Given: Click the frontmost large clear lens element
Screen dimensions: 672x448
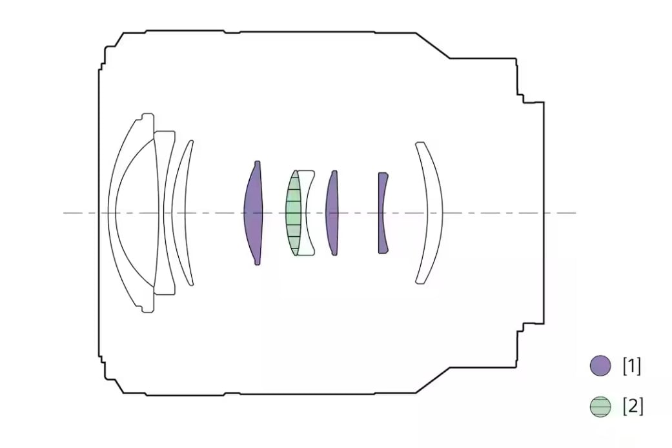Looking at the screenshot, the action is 112,213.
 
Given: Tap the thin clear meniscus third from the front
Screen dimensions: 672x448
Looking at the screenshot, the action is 179,213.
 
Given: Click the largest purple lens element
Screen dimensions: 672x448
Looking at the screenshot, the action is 253,213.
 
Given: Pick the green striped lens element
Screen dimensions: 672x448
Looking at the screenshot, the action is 294,213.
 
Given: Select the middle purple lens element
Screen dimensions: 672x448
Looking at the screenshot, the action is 332,213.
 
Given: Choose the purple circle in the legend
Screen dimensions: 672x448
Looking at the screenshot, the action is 600,365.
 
